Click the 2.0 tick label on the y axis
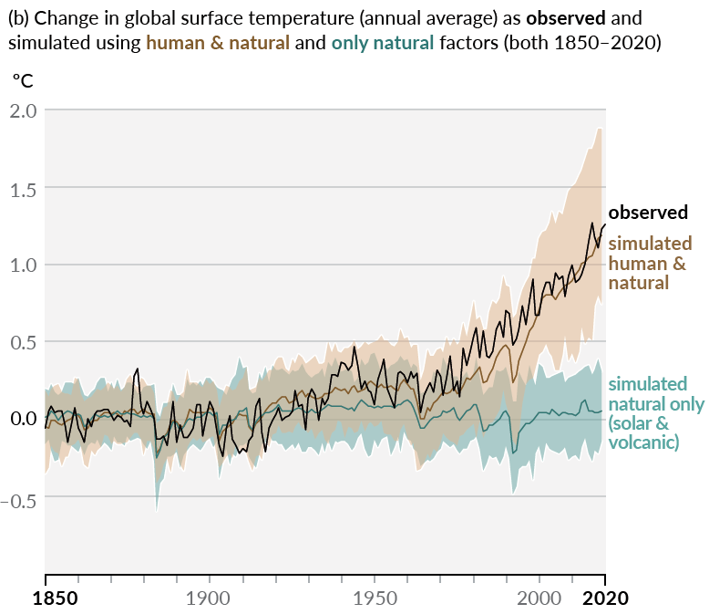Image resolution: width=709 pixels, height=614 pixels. [21, 110]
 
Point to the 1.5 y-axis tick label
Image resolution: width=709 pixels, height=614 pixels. [21, 188]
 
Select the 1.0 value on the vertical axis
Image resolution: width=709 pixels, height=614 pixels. [21, 265]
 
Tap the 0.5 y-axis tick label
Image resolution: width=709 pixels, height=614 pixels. [21, 342]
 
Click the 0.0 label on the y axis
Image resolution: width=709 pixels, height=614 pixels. [21, 419]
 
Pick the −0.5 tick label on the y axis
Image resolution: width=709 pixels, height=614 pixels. [18, 496]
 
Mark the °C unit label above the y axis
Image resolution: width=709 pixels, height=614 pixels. [22, 80]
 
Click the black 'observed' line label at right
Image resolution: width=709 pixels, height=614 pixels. [648, 213]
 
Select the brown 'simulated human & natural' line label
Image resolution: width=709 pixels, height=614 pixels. [650, 263]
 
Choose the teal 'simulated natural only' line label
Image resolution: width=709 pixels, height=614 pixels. [655, 413]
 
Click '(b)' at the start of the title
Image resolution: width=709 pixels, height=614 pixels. [17, 17]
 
